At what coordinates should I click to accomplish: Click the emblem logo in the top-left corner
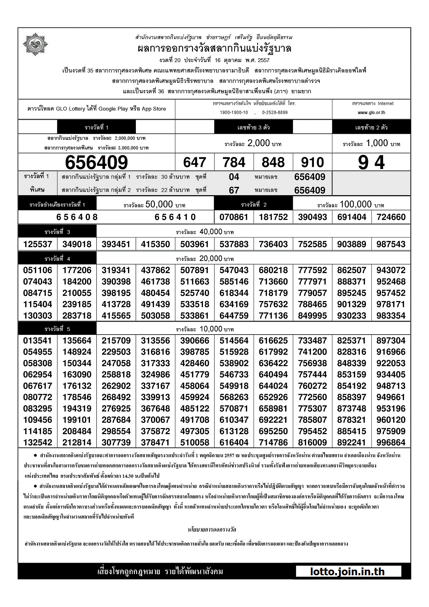pyautogui.click(x=35, y=44)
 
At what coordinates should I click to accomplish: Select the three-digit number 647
pyautogui.click(x=194, y=162)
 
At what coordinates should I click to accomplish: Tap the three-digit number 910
pyautogui.click(x=312, y=162)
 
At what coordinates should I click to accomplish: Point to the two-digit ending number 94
pyautogui.click(x=371, y=162)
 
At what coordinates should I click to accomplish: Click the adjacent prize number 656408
pyautogui.click(x=77, y=217)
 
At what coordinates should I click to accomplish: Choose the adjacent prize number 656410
pyautogui.click(x=175, y=217)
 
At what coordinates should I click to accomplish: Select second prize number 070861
pyautogui.click(x=234, y=217)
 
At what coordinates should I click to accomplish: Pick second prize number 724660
pyautogui.click(x=391, y=217)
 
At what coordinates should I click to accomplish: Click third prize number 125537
pyautogui.click(x=38, y=244)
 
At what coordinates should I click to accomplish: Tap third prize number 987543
pyautogui.click(x=391, y=244)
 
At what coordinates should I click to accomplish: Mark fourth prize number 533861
pyautogui.click(x=195, y=315)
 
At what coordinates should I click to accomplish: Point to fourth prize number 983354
pyautogui.click(x=391, y=315)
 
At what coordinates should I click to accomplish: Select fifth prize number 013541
pyautogui.click(x=38, y=341)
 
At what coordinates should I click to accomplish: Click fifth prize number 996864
pyautogui.click(x=391, y=443)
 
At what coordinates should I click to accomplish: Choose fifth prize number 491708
pyautogui.click(x=195, y=420)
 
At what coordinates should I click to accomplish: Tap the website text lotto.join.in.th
pyautogui.click(x=348, y=572)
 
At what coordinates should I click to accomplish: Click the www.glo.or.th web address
pyautogui.click(x=371, y=113)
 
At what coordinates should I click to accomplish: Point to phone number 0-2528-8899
pyautogui.click(x=275, y=113)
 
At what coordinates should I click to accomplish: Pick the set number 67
pyautogui.click(x=234, y=190)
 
